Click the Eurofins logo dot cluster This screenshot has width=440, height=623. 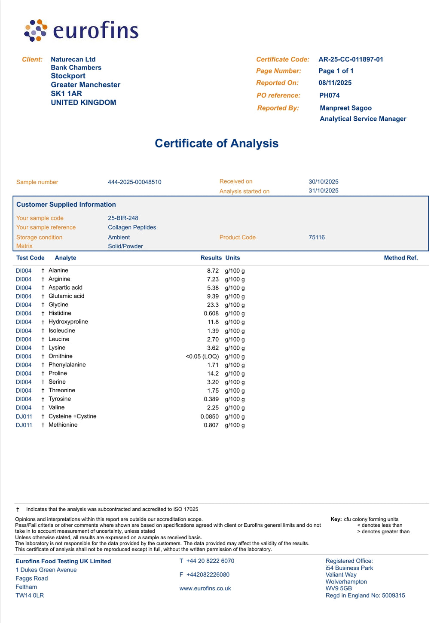coord(36,30)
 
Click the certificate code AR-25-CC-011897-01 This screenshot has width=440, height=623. coord(351,59)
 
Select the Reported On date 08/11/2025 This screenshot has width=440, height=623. coord(335,83)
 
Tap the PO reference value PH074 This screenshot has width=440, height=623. coord(329,95)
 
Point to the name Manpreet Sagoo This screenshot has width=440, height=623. coord(345,108)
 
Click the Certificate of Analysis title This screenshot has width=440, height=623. coord(217,143)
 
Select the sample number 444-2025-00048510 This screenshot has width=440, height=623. coord(134,182)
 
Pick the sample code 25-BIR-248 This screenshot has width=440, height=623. coord(123,218)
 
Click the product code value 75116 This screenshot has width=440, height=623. coord(317,237)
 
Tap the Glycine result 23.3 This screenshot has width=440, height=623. coord(213,305)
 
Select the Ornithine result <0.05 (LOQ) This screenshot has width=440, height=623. coord(202,356)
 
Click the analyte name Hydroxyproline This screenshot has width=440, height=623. coord(68,322)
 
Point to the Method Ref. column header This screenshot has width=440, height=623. coord(400,258)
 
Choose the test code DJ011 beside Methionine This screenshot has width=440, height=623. coord(24,425)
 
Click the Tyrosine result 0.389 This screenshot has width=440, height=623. coord(211,399)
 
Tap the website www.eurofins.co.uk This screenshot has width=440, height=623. coord(205,588)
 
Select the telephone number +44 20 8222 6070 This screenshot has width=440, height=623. coord(210,561)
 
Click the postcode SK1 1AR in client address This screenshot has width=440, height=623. coord(66,94)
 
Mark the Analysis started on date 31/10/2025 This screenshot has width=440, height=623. coord(323,191)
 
